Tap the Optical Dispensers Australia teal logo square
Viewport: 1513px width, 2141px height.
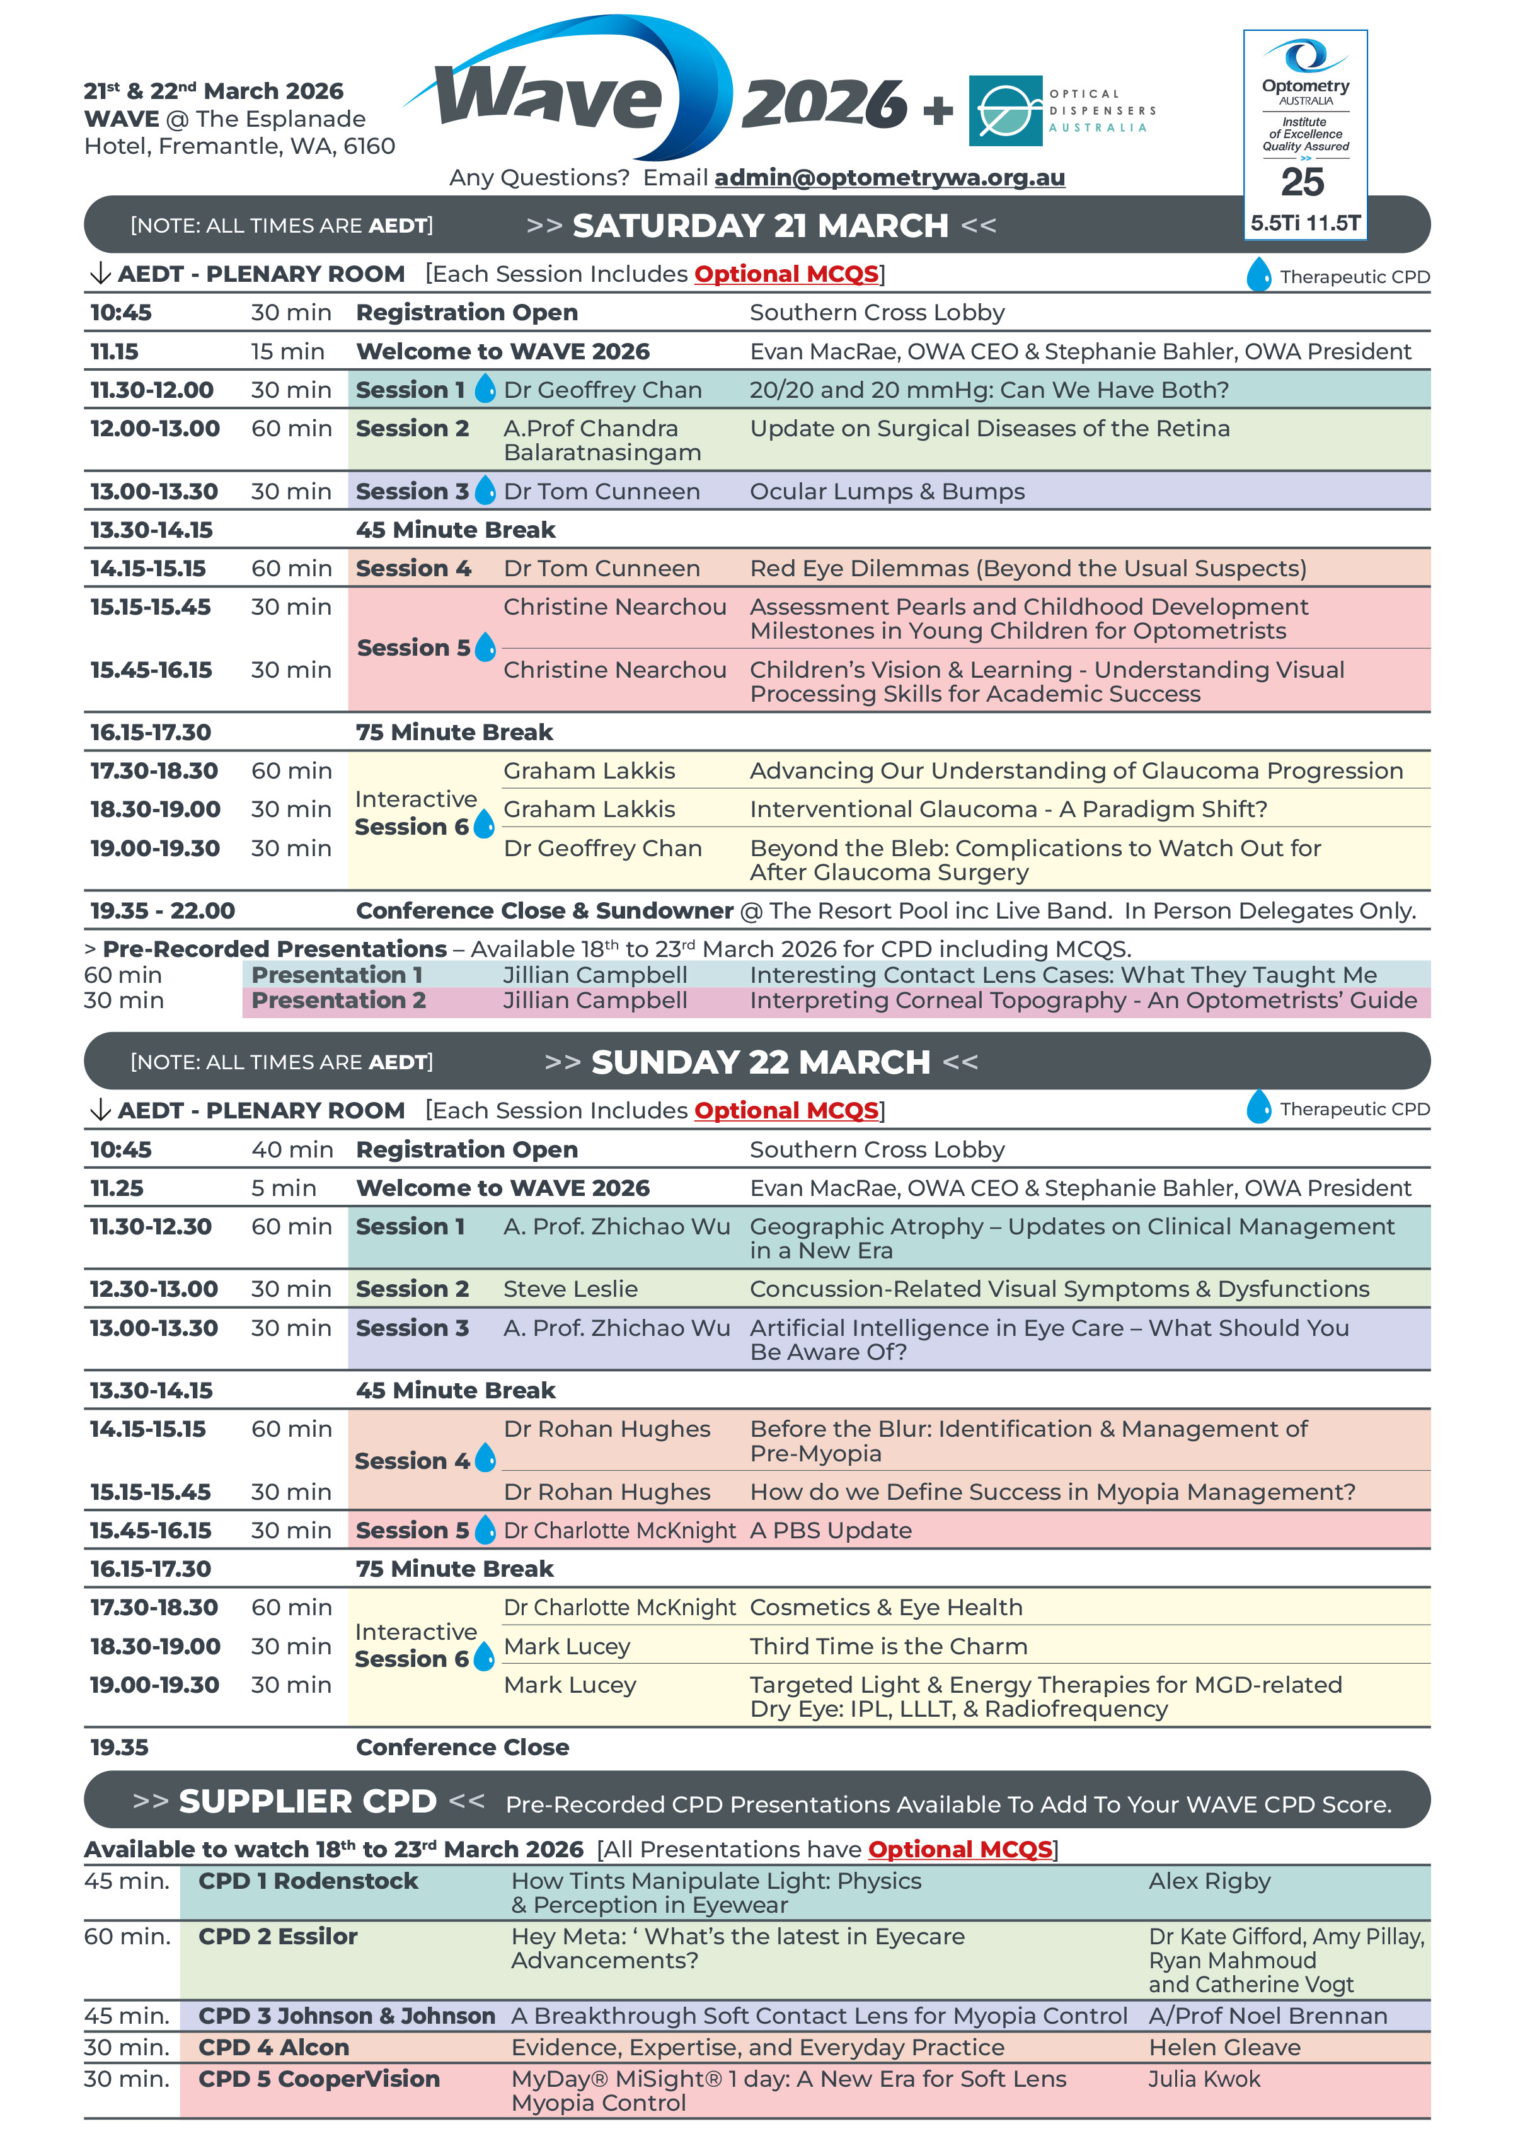click(x=1005, y=111)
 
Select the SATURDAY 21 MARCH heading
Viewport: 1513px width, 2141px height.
click(x=760, y=226)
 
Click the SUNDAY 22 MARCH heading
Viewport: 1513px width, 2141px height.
click(x=760, y=1062)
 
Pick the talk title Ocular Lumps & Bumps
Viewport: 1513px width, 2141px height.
click(x=887, y=491)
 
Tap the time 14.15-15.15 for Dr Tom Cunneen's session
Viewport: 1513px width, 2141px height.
click(x=147, y=569)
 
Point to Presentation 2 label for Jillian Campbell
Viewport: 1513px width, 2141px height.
click(x=338, y=1001)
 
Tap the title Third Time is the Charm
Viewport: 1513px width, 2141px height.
click(x=889, y=1647)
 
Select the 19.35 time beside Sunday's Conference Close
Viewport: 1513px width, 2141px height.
click(x=119, y=1748)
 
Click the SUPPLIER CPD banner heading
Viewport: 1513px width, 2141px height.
click(x=308, y=1802)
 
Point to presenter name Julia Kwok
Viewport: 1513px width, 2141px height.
click(x=1204, y=2079)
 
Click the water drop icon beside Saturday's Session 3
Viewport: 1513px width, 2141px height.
click(x=485, y=490)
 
